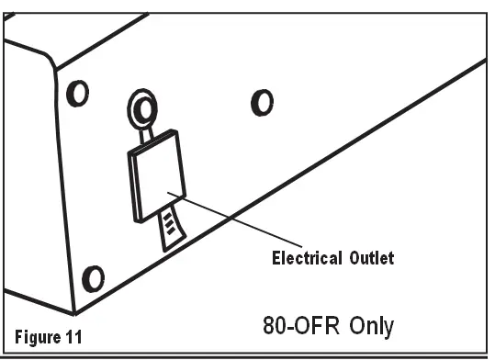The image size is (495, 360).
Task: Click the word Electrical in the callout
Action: point(304,258)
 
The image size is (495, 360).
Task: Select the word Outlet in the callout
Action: point(369,258)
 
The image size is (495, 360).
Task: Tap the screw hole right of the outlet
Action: point(263,101)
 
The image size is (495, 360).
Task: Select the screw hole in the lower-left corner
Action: point(94,276)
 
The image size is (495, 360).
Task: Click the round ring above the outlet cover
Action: point(141,111)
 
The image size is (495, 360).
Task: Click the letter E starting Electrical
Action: point(276,258)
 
